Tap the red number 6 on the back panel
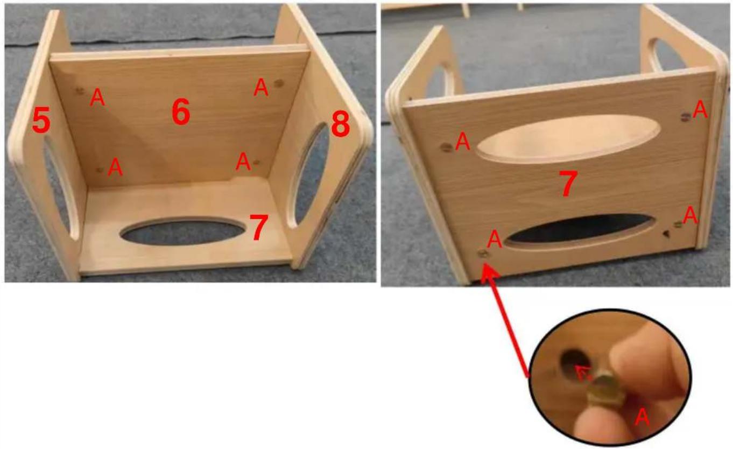[x=181, y=111]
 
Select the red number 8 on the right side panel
[x=341, y=124]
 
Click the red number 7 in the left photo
[x=259, y=227]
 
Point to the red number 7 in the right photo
[x=568, y=184]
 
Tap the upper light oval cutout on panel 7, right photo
[x=568, y=139]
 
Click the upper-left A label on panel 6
[x=97, y=97]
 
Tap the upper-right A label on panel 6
[x=261, y=87]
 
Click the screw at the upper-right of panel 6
[x=278, y=83]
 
